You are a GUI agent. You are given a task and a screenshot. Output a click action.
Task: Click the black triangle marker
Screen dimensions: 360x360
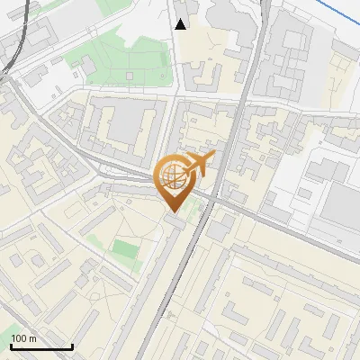point(181,24)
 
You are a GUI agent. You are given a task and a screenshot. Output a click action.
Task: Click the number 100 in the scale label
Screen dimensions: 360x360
point(19,338)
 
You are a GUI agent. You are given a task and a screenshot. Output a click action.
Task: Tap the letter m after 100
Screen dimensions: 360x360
point(32,338)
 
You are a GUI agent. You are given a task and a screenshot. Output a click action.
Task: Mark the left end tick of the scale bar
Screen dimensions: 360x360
point(11,346)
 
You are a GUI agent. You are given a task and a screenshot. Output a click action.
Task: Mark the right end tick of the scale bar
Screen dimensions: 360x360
point(72,346)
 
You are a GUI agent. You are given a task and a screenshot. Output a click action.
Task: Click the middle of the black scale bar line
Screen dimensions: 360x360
point(41,347)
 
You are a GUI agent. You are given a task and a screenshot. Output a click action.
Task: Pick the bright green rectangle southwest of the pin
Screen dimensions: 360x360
point(125,248)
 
